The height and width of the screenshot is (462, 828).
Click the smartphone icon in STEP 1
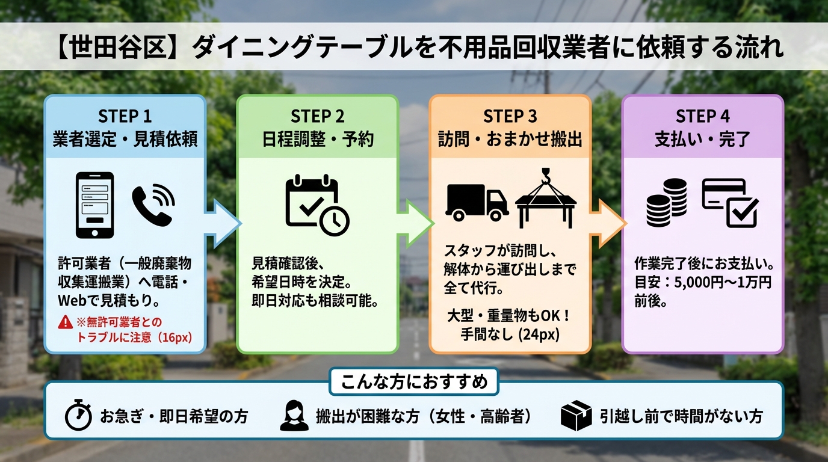[94, 205]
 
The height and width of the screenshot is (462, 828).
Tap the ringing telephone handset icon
[153, 204]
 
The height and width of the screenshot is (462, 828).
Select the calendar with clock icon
[316, 205]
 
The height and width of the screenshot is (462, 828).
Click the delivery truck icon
[477, 202]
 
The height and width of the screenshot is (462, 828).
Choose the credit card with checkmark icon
[730, 203]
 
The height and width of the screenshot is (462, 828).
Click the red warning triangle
[65, 323]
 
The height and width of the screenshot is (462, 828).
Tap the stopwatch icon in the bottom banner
[78, 416]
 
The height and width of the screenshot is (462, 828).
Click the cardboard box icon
[575, 416]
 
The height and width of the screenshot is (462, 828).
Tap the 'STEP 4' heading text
[702, 115]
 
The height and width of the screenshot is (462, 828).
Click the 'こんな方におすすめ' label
[414, 381]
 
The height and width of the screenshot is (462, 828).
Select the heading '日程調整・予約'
[317, 139]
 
